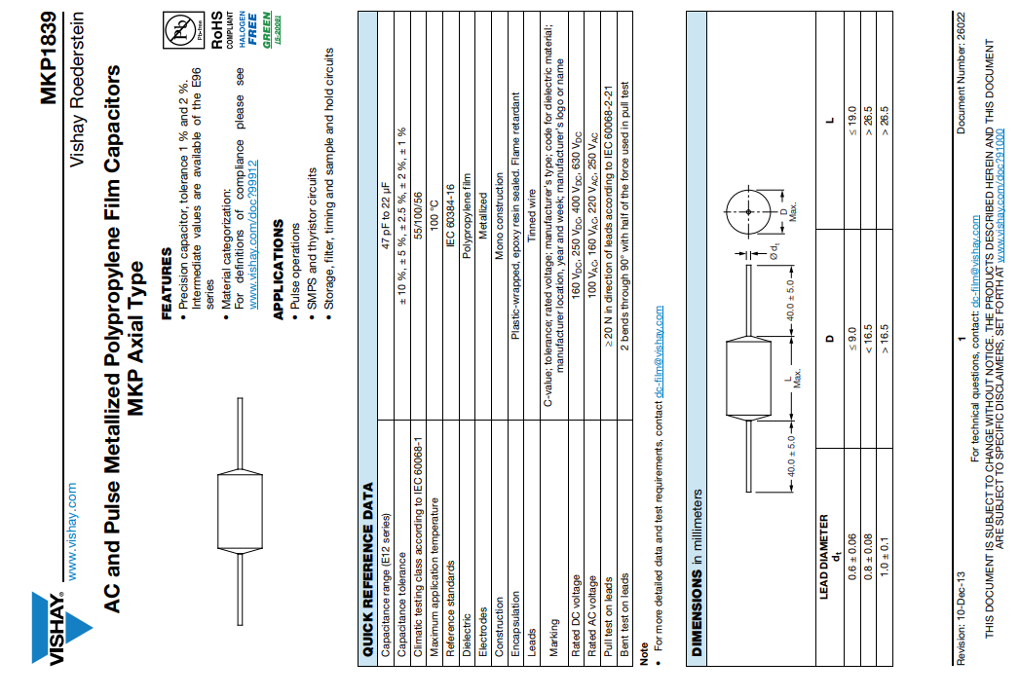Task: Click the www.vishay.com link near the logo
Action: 70,521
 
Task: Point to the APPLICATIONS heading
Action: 278,268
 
